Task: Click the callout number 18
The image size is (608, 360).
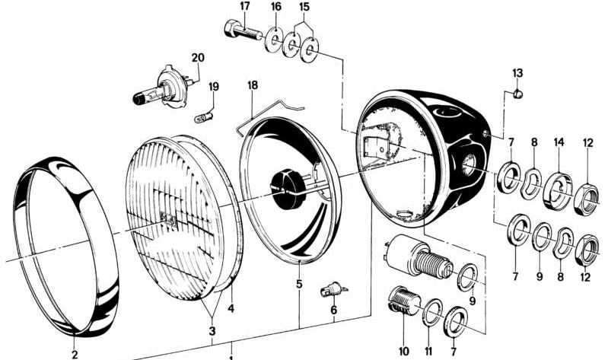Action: point(252,85)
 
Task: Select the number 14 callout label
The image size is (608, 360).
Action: point(559,142)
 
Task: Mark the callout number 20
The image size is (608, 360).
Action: point(198,57)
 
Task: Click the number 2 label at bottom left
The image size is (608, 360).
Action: point(74,354)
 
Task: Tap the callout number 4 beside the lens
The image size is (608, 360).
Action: point(232,308)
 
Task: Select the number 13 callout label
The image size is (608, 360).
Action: point(517,72)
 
